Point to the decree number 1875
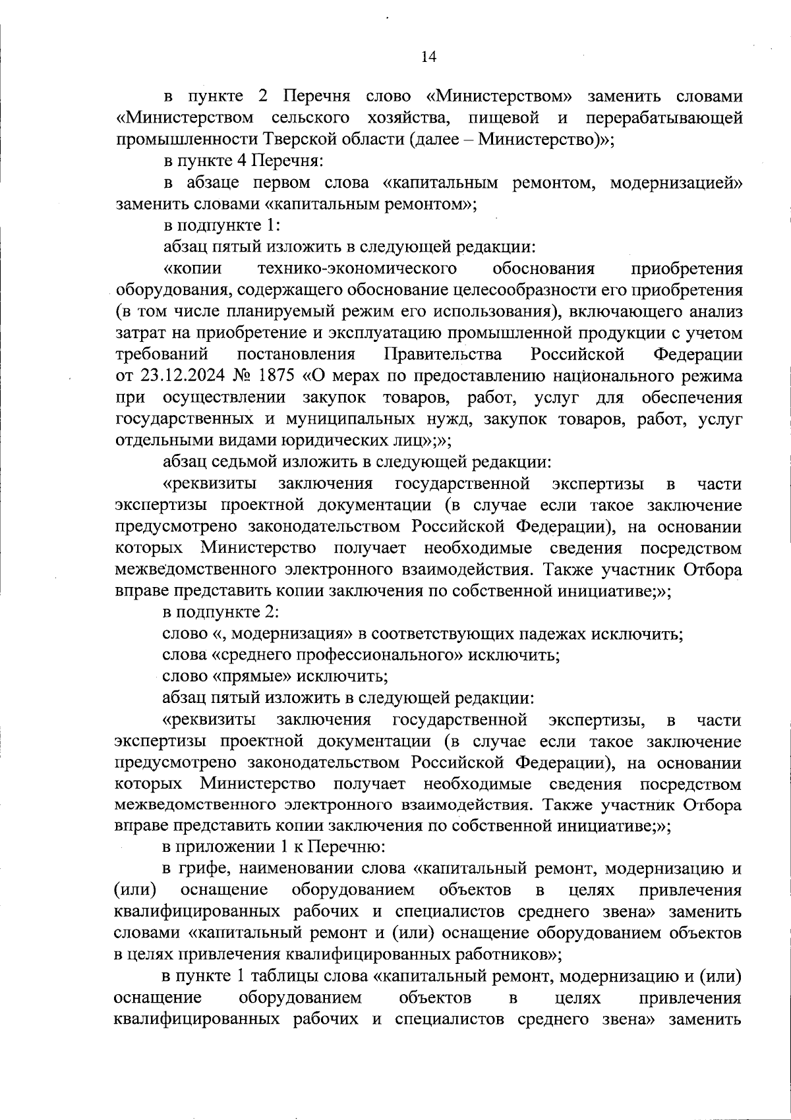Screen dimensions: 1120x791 click(x=273, y=376)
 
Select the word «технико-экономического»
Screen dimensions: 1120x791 click(x=358, y=269)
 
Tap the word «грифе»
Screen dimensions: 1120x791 click(x=203, y=869)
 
